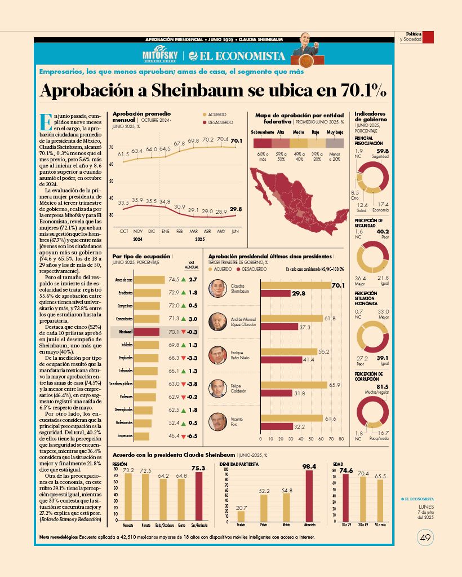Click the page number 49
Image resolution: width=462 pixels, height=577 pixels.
(x=425, y=538)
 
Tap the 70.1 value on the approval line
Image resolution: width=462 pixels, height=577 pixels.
(x=237, y=140)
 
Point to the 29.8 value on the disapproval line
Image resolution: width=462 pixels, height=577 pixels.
(x=236, y=209)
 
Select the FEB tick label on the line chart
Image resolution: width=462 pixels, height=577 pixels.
(x=180, y=231)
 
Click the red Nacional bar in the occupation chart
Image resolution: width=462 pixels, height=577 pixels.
(x=148, y=332)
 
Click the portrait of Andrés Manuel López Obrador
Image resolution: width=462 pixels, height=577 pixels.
(x=217, y=322)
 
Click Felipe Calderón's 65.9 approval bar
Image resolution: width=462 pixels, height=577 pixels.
(x=294, y=385)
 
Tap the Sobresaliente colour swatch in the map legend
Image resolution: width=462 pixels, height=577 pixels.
(x=263, y=143)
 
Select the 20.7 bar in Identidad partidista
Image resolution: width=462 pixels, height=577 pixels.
(x=241, y=516)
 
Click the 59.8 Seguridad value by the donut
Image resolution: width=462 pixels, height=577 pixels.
(x=383, y=151)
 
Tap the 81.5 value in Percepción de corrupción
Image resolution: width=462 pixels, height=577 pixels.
(x=382, y=386)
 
